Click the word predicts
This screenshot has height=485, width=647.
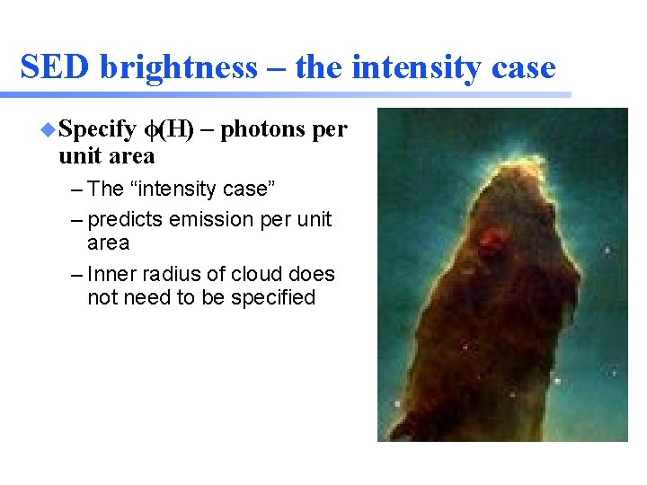coord(127,220)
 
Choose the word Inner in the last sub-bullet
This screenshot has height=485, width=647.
coord(108,274)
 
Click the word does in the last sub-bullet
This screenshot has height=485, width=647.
coord(314,274)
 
